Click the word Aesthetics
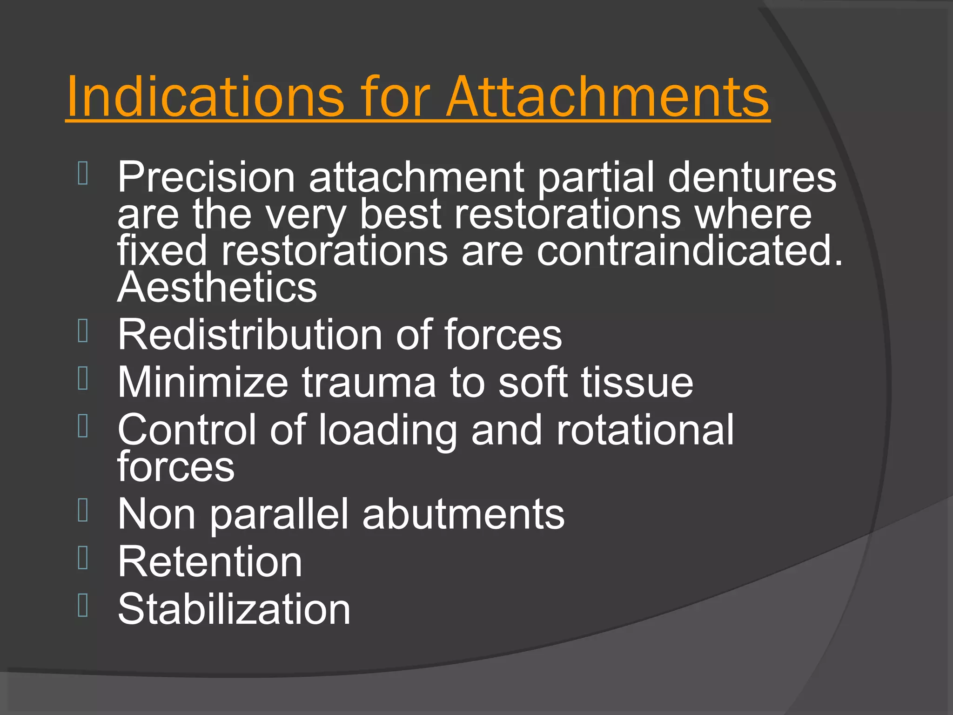click(217, 287)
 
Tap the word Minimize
click(202, 382)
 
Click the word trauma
click(369, 382)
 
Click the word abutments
click(463, 514)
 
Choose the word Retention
click(210, 562)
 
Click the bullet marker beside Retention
click(83, 558)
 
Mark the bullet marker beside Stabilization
click(83, 605)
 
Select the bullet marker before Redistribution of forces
click(83, 331)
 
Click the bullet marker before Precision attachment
click(83, 173)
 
